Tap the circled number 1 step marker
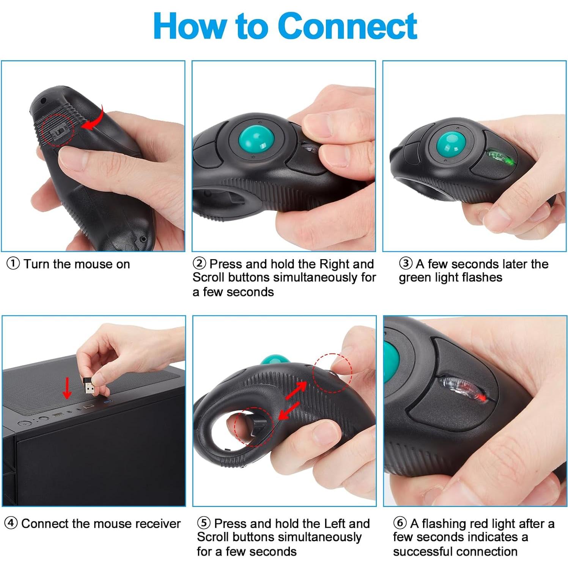click(13, 263)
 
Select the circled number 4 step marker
click(11, 523)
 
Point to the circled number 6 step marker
click(400, 523)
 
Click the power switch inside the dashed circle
click(58, 132)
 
